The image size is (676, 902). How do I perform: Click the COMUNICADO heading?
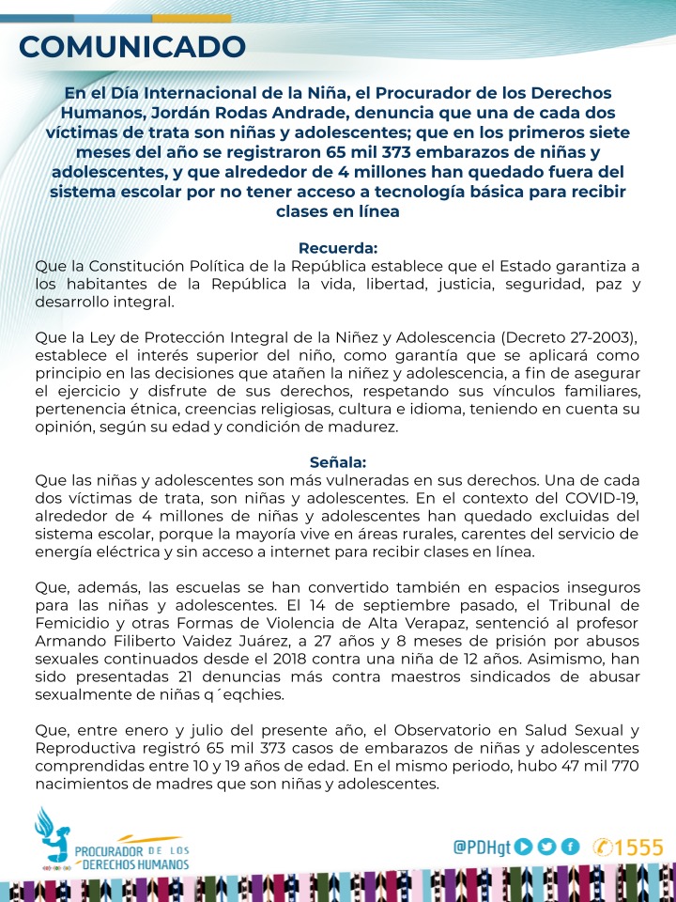[132, 46]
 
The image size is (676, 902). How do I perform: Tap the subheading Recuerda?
[337, 248]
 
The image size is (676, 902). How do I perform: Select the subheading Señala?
[337, 461]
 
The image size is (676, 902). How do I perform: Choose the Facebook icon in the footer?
[570, 847]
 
